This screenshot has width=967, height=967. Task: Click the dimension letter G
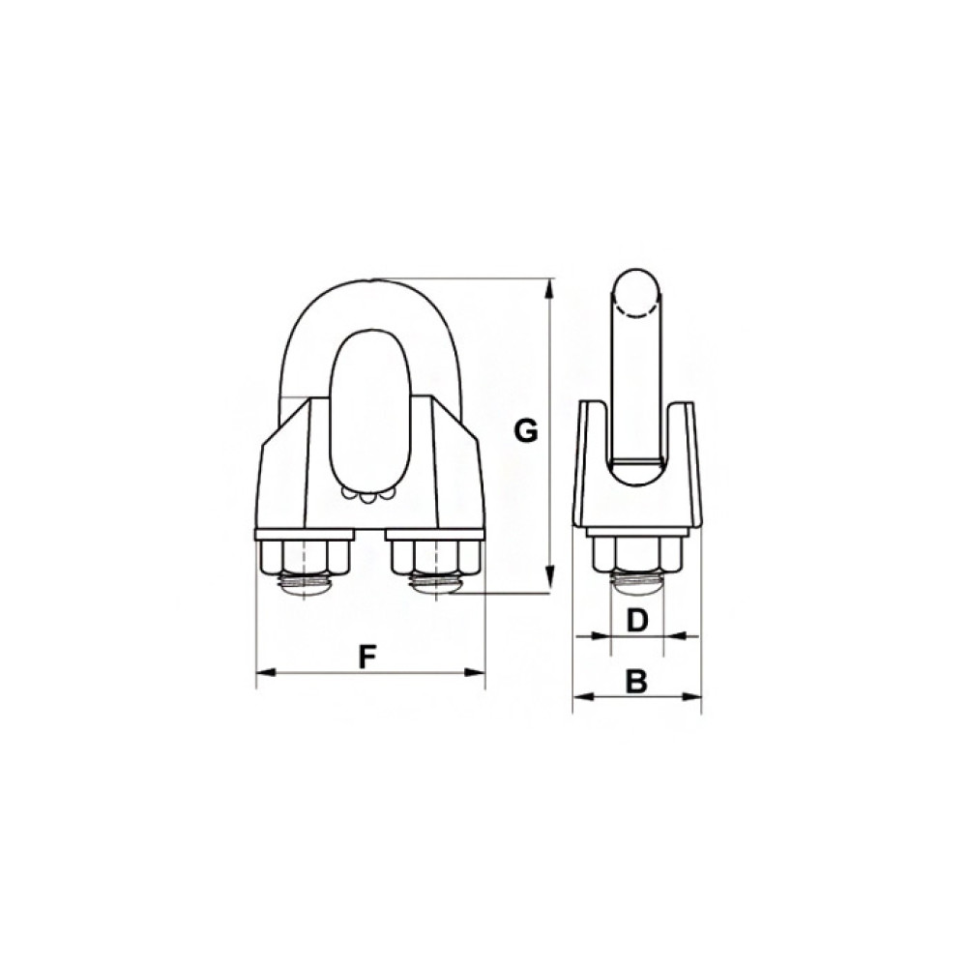(526, 431)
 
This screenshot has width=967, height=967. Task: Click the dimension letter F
(367, 658)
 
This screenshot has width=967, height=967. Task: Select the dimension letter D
(636, 621)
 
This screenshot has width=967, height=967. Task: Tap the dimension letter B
(636, 682)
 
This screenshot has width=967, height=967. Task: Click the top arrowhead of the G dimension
(549, 290)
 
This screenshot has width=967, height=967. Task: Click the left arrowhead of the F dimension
(266, 672)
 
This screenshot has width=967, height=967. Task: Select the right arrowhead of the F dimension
(474, 672)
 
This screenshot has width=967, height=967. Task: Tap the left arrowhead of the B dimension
(583, 697)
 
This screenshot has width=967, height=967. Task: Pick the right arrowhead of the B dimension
(690, 697)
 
